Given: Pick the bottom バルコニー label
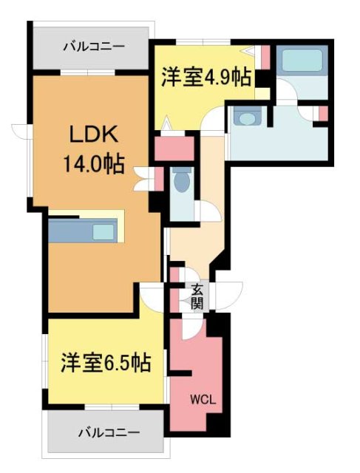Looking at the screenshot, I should coord(109,432).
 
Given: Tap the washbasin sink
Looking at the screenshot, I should coord(247,117).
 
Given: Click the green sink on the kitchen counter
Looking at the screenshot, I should coord(104,231).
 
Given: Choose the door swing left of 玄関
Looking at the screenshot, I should coord(154,297).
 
